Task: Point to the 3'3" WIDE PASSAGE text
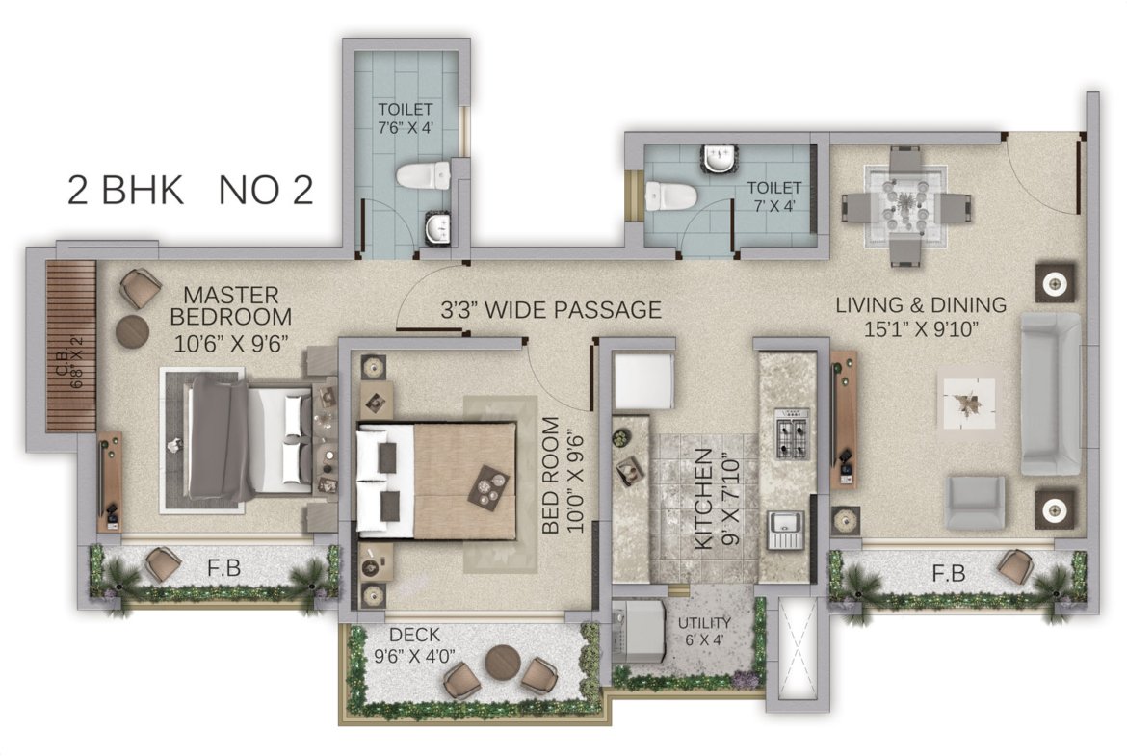point(551,310)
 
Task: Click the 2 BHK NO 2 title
point(191,191)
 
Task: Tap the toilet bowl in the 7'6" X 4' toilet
point(423,175)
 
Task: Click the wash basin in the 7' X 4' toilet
point(720,159)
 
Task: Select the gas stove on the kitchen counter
point(792,433)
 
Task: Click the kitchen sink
point(786,530)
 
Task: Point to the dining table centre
point(904,207)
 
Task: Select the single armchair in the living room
point(976,502)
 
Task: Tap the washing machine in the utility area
point(639,632)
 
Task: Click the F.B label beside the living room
point(949,573)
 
